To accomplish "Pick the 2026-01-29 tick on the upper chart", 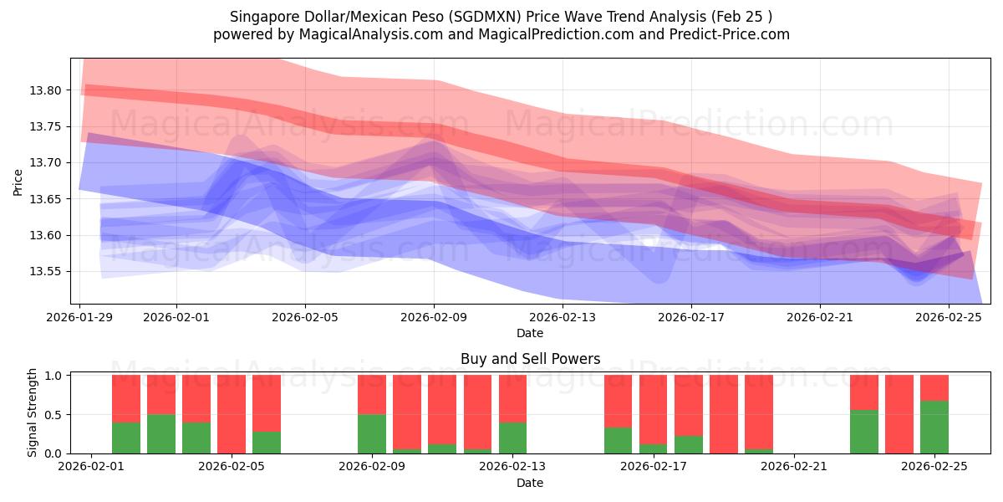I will pyautogui.click(x=80, y=317).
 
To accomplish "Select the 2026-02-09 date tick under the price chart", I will pyautogui.click(x=434, y=317).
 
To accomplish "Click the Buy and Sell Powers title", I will pyautogui.click(x=530, y=359).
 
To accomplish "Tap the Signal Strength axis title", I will pyautogui.click(x=32, y=412).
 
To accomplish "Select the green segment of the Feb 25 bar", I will pyautogui.click(x=934, y=427).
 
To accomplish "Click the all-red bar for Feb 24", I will pyautogui.click(x=899, y=414).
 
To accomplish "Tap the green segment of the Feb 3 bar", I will pyautogui.click(x=161, y=433).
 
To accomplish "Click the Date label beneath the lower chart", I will pyautogui.click(x=530, y=483).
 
